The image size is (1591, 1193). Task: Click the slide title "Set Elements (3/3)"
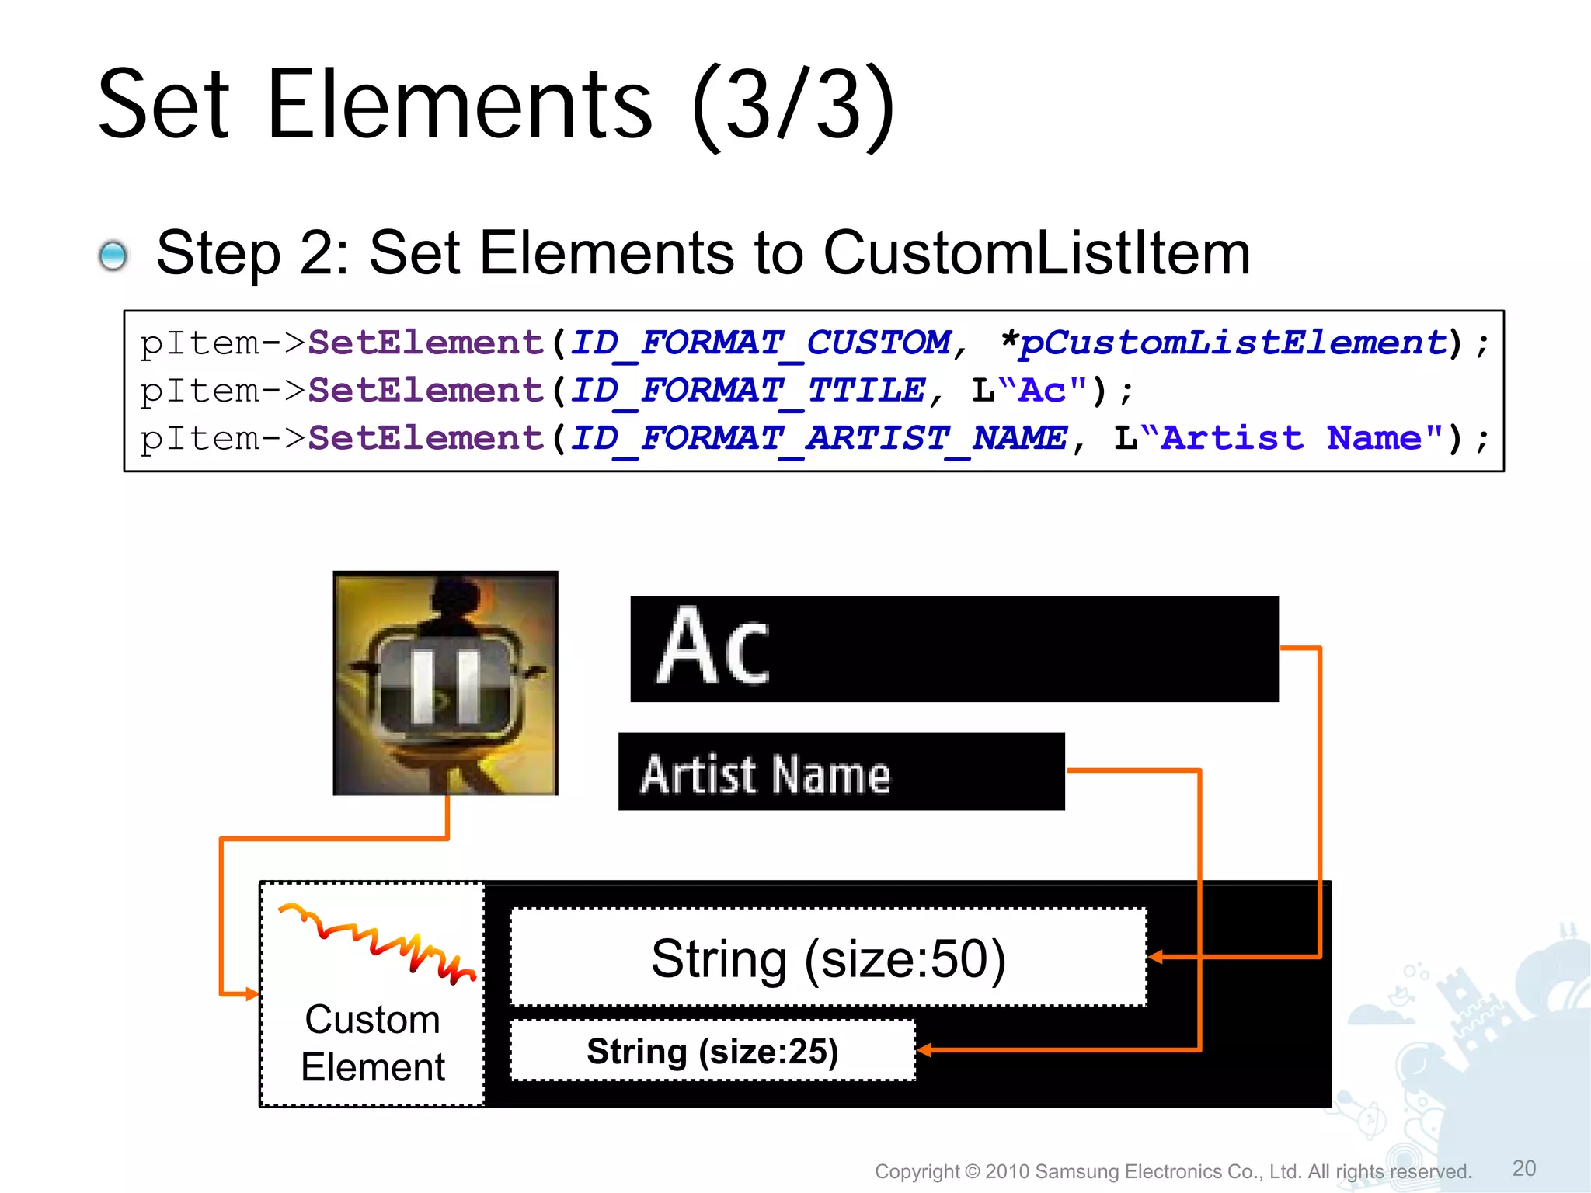click(x=497, y=105)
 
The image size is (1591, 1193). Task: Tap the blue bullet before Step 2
click(x=113, y=256)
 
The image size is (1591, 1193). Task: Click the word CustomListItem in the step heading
click(x=1036, y=253)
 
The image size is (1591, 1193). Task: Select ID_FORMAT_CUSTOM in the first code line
click(x=761, y=343)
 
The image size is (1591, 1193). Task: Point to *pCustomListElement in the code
click(x=1224, y=343)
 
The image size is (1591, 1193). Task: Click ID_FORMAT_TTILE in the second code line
click(x=748, y=391)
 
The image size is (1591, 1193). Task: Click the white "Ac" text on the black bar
click(x=713, y=647)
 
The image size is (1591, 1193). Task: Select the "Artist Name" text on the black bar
click(x=766, y=774)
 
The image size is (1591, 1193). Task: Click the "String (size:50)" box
click(x=828, y=958)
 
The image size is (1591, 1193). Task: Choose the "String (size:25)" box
click(x=712, y=1051)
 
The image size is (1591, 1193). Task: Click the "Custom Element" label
click(x=373, y=1042)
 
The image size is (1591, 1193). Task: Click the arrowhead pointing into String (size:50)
click(x=1156, y=957)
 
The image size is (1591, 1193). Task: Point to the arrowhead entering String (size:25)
click(x=924, y=1051)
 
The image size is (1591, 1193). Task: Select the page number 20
click(x=1524, y=1168)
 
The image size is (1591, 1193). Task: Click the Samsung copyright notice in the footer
click(x=1173, y=1171)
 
